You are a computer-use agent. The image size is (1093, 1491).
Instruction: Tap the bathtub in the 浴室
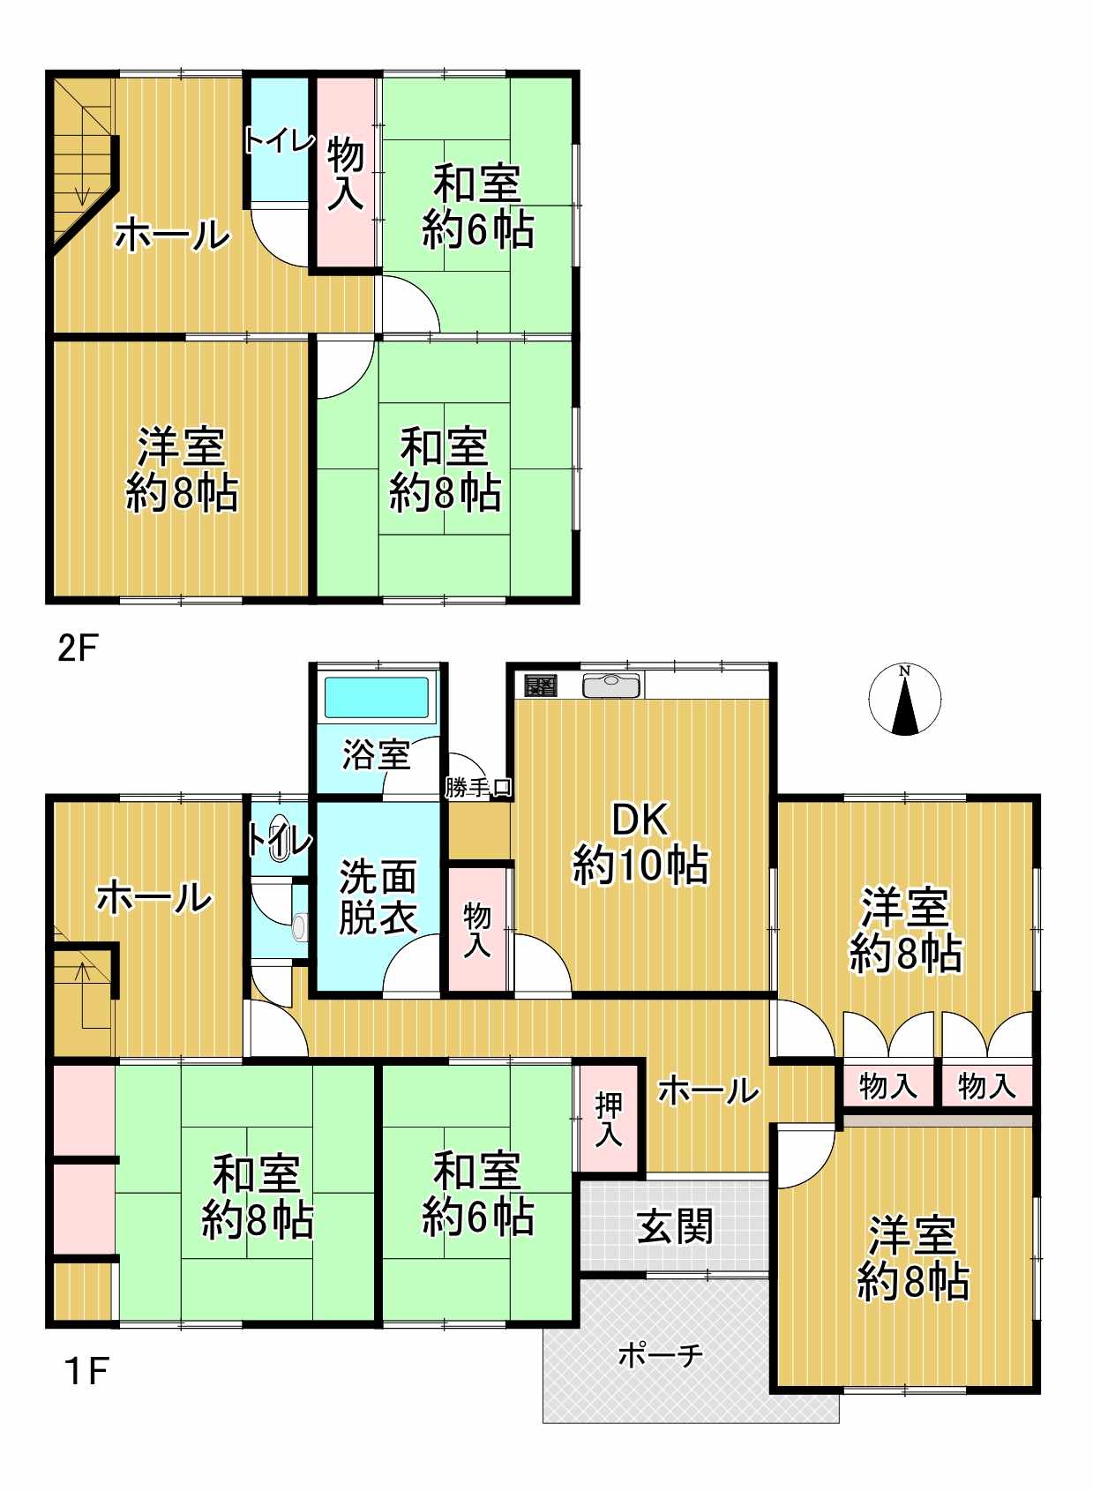coord(376,698)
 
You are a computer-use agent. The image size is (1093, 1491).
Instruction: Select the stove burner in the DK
coord(540,686)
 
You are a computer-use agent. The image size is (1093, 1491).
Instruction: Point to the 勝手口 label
coord(479,788)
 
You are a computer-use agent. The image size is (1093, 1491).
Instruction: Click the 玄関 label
coord(675,1226)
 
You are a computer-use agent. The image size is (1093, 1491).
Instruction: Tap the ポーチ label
coord(661,1354)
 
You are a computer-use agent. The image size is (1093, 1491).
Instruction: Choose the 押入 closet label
coord(609,1120)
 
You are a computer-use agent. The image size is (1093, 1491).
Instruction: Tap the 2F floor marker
coord(78,648)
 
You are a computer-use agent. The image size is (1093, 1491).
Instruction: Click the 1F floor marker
coord(86,1371)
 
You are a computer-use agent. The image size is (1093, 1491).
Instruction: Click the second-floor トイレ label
coord(279,141)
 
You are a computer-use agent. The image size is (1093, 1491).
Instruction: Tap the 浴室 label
coord(376,755)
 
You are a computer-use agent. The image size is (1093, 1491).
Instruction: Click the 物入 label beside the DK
coord(477,930)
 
